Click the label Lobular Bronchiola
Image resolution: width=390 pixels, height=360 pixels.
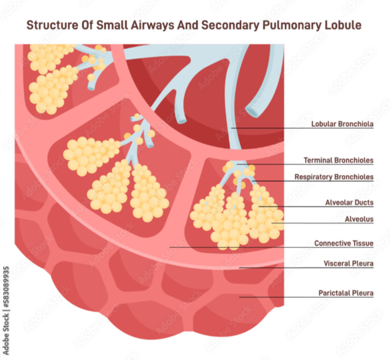[x=342, y=124]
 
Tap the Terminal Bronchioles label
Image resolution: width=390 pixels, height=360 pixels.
[x=338, y=160]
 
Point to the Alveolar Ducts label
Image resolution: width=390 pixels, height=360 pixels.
[x=349, y=203]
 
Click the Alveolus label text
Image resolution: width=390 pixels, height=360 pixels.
[x=359, y=219]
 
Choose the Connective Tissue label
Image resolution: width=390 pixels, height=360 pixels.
[x=344, y=243]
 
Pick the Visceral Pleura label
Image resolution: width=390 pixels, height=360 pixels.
[x=348, y=263]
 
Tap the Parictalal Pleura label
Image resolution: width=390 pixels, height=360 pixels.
[x=345, y=293]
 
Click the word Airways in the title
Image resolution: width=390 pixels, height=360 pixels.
[x=150, y=26]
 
